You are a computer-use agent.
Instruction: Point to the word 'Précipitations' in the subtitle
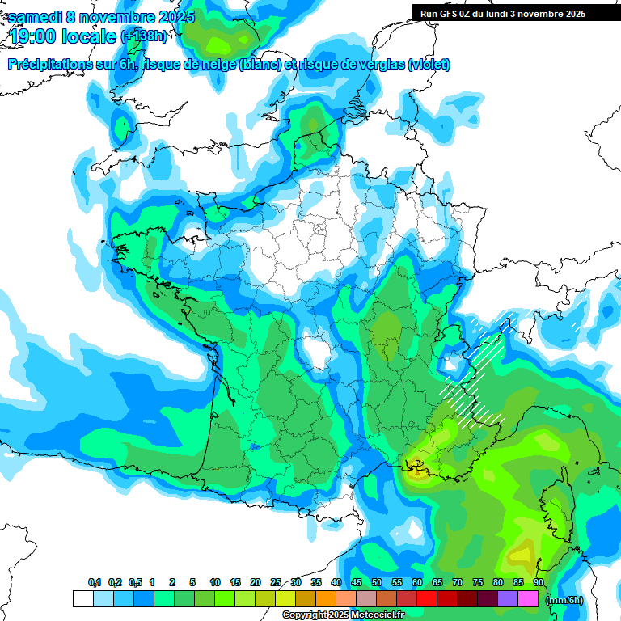[48, 65]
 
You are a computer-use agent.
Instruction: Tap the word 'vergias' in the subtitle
[378, 65]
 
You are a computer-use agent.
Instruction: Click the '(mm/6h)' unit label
[564, 600]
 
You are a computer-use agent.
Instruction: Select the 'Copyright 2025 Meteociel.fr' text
[343, 615]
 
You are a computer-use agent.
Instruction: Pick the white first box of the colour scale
[82, 599]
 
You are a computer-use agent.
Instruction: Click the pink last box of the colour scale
[528, 599]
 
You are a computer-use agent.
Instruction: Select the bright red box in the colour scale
[427, 599]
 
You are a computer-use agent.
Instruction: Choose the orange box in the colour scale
[326, 599]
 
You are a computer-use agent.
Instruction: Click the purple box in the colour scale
[508, 599]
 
